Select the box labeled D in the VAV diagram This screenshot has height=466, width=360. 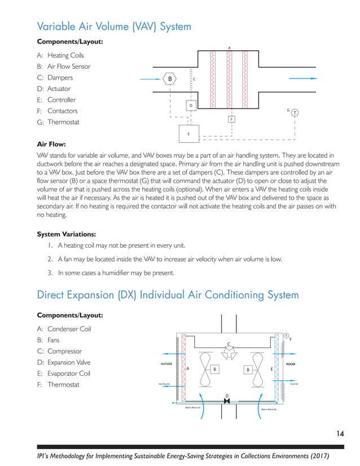coord(191,105)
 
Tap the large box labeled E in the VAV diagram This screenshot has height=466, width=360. coord(189,134)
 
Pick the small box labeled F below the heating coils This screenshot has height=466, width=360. coord(231,120)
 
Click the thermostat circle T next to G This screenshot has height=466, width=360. coord(295,113)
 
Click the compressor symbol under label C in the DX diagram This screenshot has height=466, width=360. coord(229,352)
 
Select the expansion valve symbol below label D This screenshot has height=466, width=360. coord(227,401)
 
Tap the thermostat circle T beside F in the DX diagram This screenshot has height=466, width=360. coord(286,336)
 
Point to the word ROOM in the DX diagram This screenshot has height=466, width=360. coord(291,364)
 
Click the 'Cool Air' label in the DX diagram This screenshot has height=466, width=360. coord(294,384)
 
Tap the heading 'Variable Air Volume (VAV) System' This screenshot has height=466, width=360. coord(113,27)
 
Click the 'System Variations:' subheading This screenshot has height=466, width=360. coord(66,234)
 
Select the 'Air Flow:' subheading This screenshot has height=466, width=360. coord(51,144)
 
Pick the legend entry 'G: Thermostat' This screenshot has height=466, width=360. coord(58,122)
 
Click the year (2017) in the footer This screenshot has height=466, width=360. coord(318,455)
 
